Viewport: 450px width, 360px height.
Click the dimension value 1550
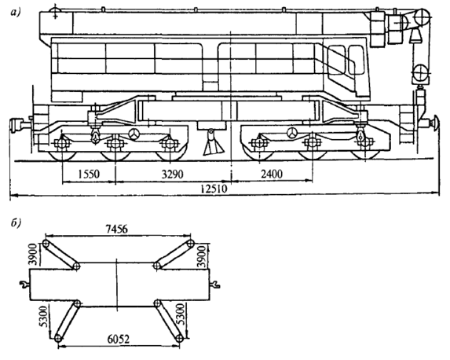(89, 174)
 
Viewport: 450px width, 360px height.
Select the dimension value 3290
(172, 174)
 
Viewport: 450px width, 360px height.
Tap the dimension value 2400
(272, 174)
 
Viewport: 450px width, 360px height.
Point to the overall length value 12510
(214, 189)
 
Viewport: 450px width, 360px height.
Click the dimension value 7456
(117, 229)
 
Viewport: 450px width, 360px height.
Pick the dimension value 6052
(119, 340)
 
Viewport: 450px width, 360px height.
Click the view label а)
(16, 13)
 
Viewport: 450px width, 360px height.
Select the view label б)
(16, 224)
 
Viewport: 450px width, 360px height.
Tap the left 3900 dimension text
(34, 254)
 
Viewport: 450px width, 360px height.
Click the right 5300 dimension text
(181, 314)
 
